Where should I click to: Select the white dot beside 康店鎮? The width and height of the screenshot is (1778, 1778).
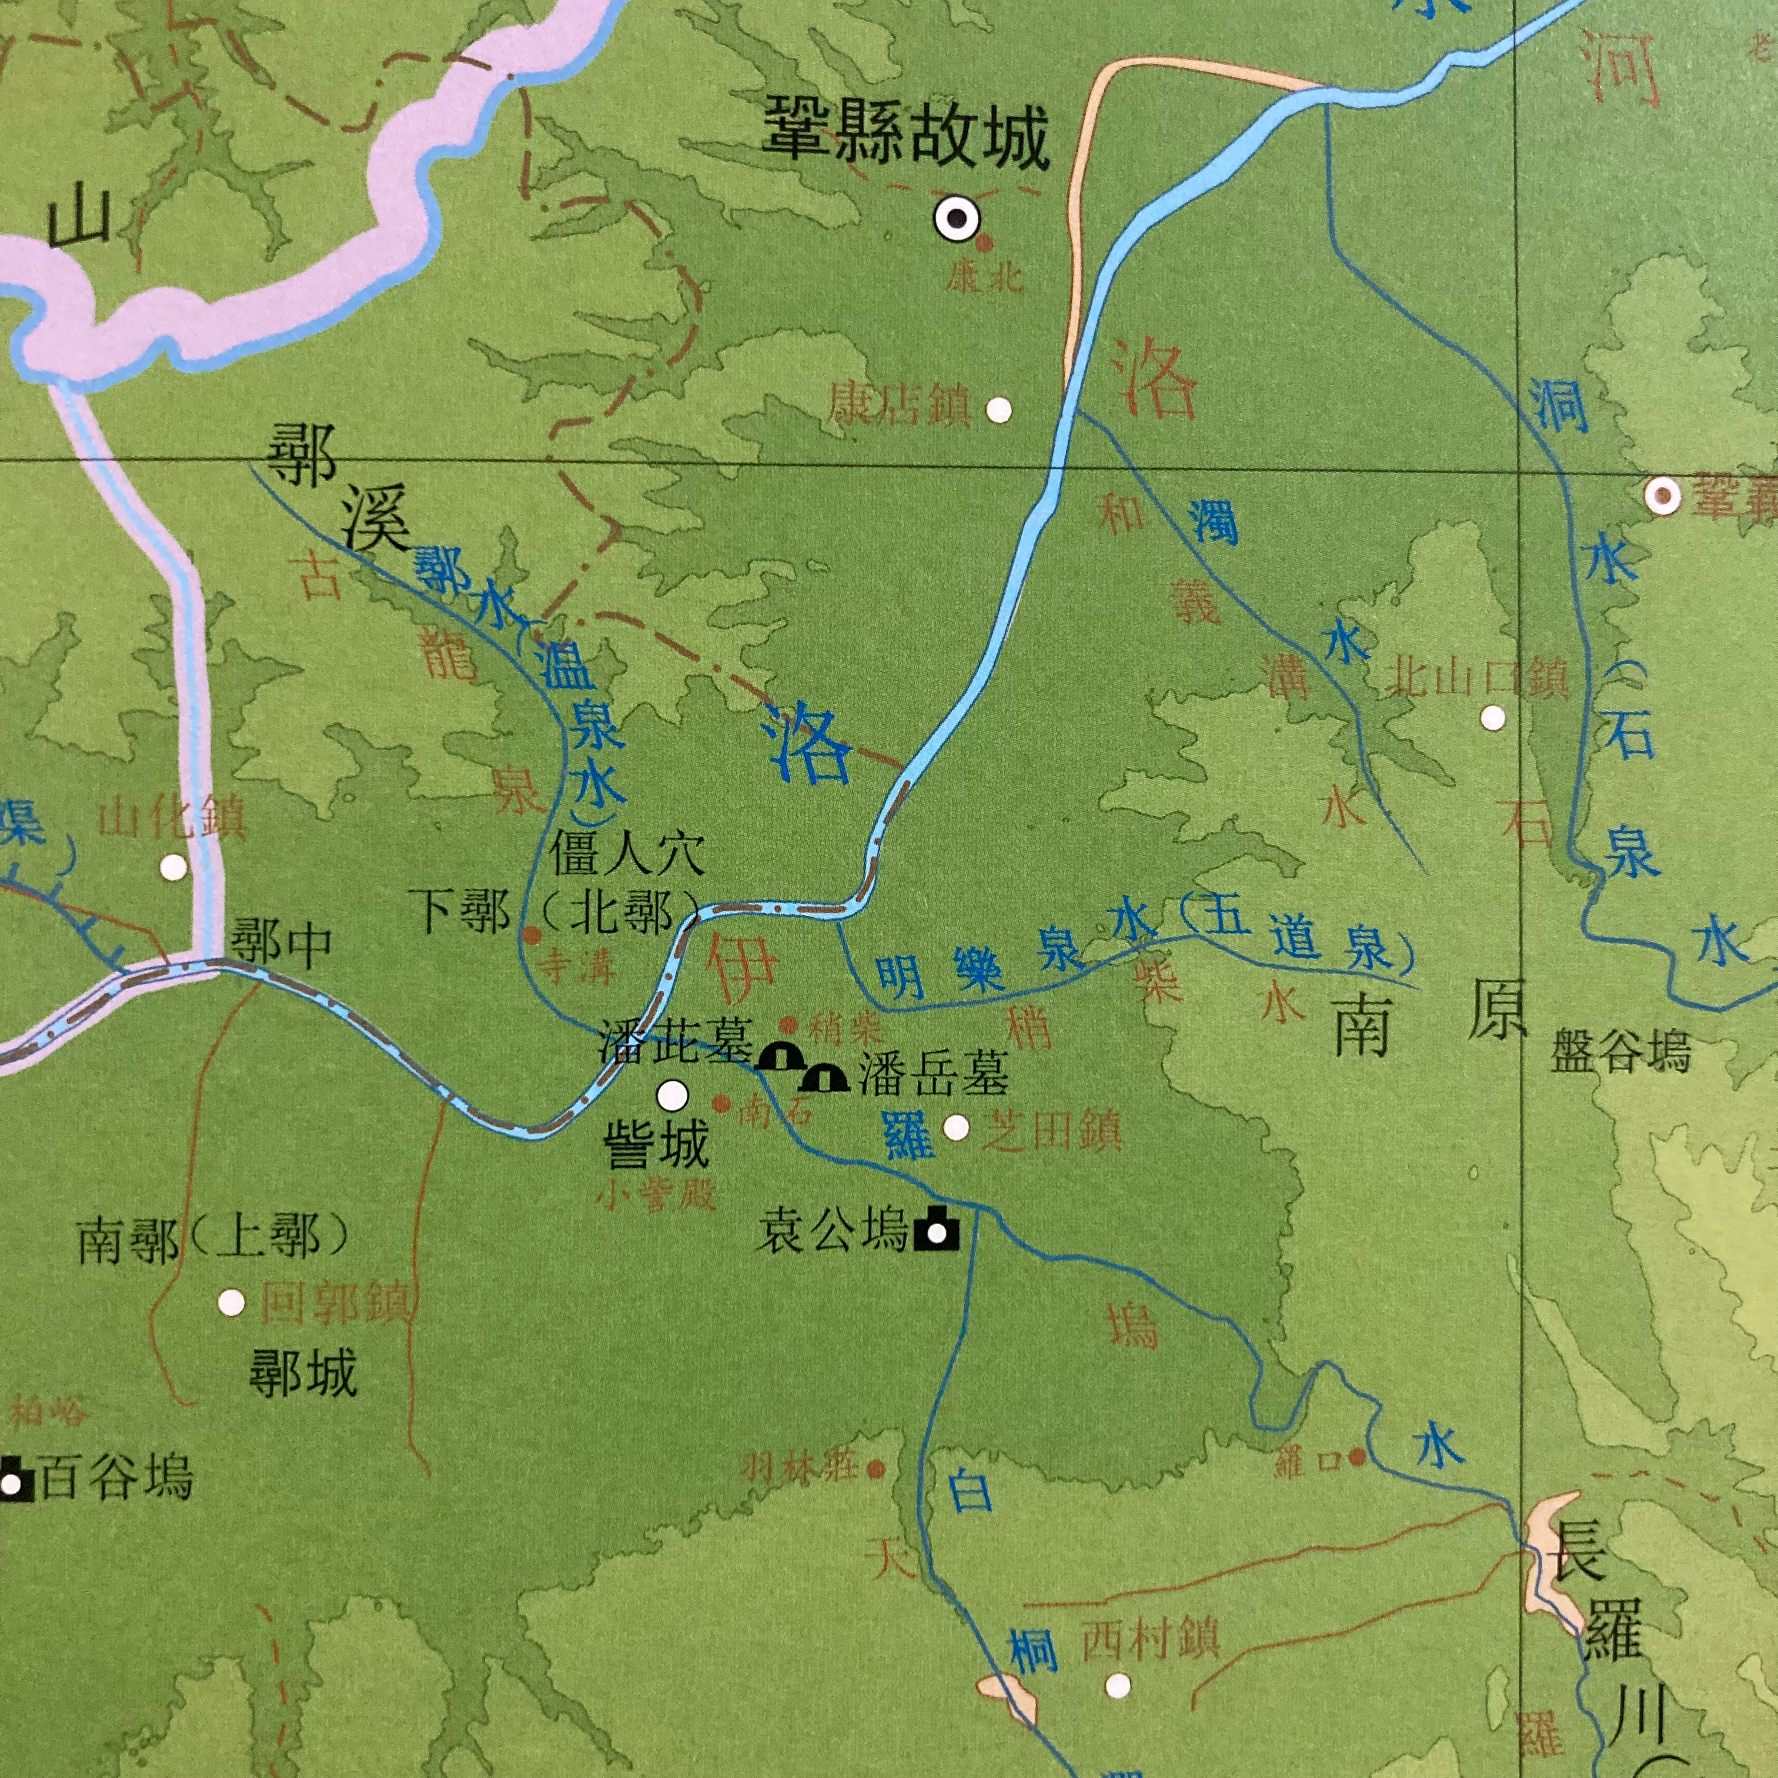[x=998, y=410]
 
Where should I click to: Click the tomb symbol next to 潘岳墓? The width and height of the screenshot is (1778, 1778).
[x=824, y=1076]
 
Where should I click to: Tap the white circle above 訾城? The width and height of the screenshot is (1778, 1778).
[x=673, y=1095]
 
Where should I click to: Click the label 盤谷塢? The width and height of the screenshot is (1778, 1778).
[x=1620, y=1050]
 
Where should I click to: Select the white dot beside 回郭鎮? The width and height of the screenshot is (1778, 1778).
[x=231, y=1302]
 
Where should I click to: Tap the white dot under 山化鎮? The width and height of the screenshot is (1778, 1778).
[x=173, y=866]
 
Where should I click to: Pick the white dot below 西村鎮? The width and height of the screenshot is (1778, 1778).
[x=1117, y=1686]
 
